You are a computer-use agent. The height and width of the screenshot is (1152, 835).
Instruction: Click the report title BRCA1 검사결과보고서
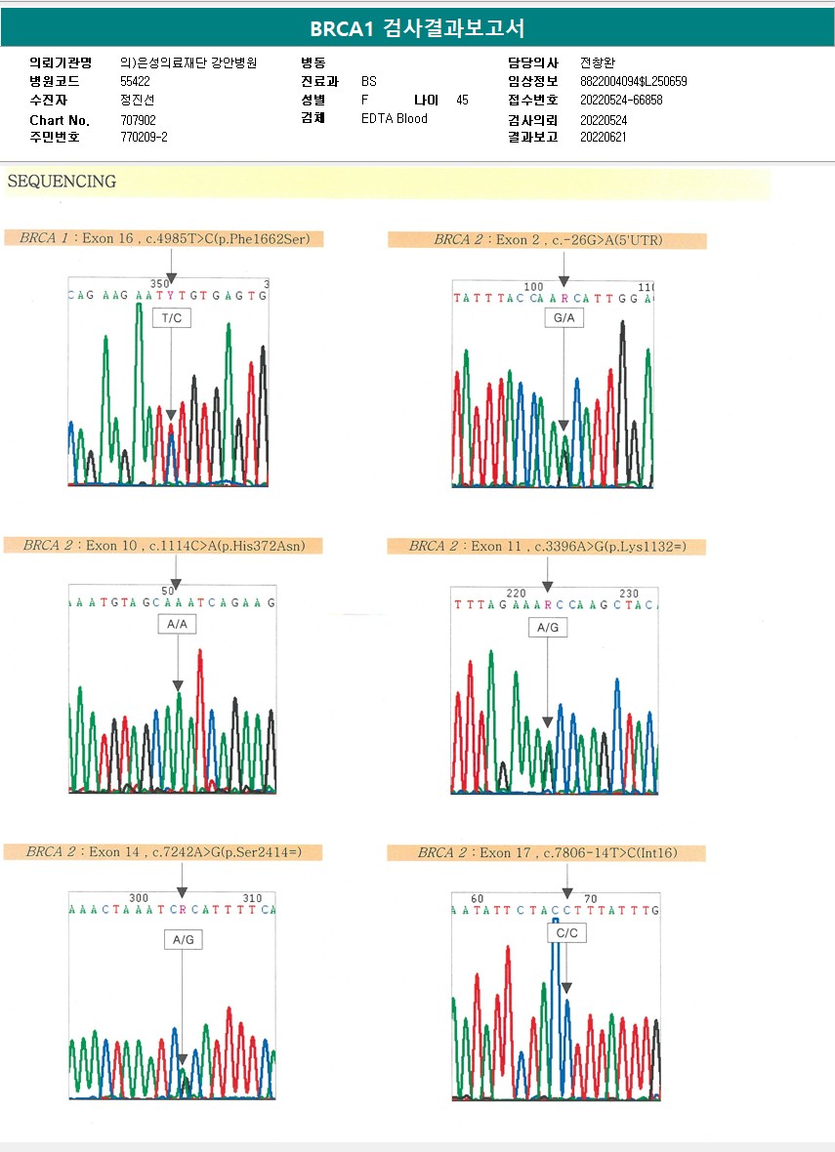click(417, 28)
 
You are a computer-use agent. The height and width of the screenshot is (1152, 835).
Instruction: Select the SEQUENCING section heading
click(62, 182)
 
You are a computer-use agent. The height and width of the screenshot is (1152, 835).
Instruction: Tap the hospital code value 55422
click(135, 82)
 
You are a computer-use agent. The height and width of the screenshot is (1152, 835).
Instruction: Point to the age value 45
click(462, 101)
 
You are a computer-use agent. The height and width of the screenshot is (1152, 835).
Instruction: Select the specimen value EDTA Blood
click(394, 119)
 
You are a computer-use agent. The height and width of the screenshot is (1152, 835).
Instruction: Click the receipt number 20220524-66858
click(621, 101)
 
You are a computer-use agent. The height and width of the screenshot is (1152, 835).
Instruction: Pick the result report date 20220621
click(603, 138)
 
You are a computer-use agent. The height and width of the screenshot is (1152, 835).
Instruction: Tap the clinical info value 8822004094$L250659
click(633, 82)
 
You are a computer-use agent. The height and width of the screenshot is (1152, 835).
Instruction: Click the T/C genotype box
click(171, 317)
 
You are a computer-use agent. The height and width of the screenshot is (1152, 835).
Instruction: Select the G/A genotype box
click(564, 317)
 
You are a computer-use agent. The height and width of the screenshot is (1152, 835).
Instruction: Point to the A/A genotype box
click(177, 625)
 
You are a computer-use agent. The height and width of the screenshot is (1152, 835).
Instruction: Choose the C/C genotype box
click(567, 932)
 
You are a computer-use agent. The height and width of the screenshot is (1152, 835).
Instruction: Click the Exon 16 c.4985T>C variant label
click(163, 238)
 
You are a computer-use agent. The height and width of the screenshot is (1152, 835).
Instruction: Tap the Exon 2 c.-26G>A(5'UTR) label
click(547, 240)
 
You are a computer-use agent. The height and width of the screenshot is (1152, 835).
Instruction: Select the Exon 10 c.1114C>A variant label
click(163, 546)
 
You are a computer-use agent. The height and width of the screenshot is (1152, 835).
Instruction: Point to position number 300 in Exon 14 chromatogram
click(139, 897)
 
